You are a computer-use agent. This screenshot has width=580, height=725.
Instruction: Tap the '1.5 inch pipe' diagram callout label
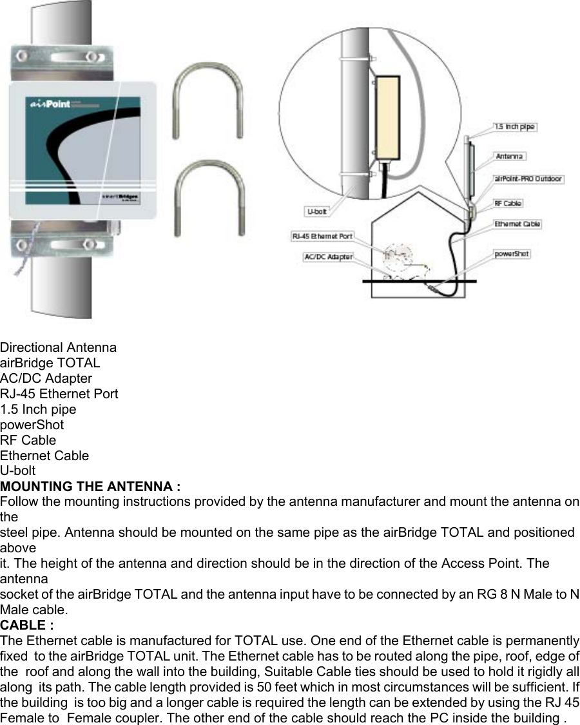click(514, 127)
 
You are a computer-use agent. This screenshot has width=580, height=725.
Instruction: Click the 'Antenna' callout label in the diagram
click(510, 156)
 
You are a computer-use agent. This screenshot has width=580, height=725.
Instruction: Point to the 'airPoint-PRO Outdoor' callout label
click(528, 179)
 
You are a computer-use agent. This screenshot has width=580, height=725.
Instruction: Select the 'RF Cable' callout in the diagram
click(508, 203)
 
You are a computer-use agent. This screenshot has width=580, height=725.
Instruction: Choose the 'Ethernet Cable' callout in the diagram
click(517, 224)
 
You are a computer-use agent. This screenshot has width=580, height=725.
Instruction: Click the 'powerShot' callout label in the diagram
click(512, 254)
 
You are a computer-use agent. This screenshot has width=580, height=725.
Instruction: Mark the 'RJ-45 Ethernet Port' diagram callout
click(322, 237)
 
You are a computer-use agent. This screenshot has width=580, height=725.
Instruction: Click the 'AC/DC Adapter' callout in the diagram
click(328, 256)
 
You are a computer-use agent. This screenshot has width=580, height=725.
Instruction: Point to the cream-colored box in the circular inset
click(387, 117)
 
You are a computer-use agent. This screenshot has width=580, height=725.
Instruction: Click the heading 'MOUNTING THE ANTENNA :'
click(90, 487)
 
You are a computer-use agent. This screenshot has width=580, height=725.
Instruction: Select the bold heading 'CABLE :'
click(26, 625)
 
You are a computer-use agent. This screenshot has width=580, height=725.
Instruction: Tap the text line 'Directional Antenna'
click(59, 348)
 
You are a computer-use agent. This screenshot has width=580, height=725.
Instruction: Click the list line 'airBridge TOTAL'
click(50, 363)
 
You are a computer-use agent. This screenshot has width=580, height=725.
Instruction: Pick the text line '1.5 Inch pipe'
click(38, 410)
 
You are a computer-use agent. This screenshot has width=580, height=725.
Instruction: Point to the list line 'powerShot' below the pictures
click(32, 425)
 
